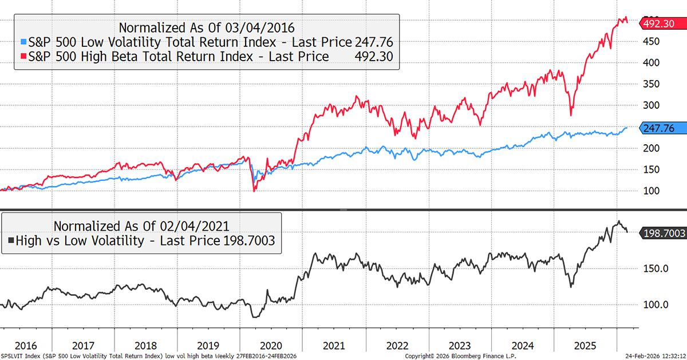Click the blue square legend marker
pos(22,42)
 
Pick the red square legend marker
pos(22,57)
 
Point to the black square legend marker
pos(11,241)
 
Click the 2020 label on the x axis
pos(271,346)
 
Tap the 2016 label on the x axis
pos(26,346)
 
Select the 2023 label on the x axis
pos(459,346)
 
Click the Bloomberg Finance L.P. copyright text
pos(469,356)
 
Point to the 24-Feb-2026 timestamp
pos(640,356)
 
